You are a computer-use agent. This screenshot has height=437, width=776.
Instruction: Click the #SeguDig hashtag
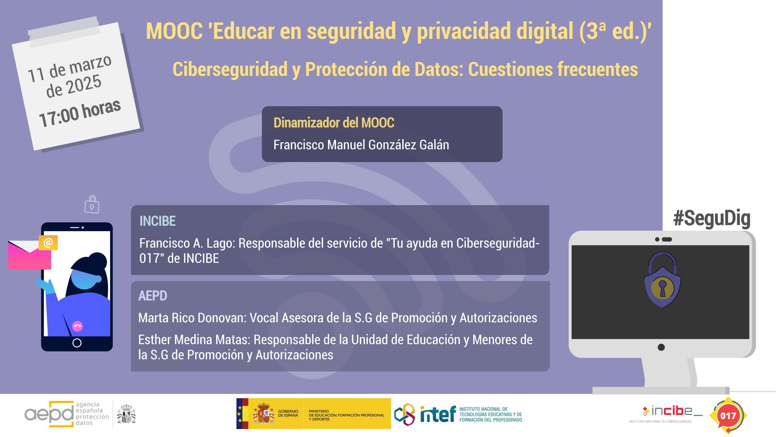(x=712, y=218)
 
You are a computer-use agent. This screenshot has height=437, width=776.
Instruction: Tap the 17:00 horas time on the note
(x=80, y=113)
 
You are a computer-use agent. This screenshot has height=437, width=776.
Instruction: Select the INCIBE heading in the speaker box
(x=157, y=221)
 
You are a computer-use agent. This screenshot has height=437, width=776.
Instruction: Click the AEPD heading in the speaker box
(x=152, y=296)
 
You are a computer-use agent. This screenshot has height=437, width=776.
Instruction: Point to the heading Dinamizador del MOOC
(x=334, y=123)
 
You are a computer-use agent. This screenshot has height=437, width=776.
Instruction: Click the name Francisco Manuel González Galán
(x=361, y=145)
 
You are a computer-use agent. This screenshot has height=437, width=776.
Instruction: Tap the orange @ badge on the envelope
(x=48, y=242)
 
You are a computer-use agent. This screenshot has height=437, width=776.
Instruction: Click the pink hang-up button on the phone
(x=78, y=326)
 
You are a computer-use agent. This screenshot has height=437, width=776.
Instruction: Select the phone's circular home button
(x=77, y=343)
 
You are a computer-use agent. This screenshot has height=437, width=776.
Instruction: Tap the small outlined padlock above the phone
(x=92, y=204)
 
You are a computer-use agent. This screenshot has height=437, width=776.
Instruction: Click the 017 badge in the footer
(x=728, y=415)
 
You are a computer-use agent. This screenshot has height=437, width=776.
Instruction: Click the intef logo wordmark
(x=438, y=414)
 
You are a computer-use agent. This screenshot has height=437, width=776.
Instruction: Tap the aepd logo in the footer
(x=49, y=414)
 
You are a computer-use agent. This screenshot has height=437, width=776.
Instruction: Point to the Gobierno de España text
(x=288, y=413)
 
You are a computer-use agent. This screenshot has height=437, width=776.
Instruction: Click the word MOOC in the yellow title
(x=174, y=31)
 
